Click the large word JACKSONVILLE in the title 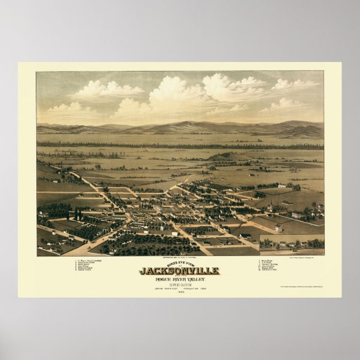[x=179, y=271]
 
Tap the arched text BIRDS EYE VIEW [x=179, y=263]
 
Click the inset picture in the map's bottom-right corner [x=291, y=244]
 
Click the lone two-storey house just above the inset [x=278, y=228]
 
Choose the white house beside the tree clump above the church [x=282, y=186]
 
